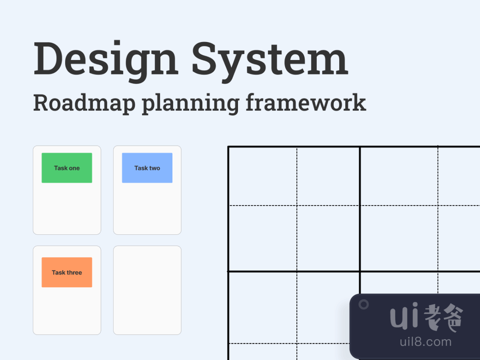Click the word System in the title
click(x=269, y=59)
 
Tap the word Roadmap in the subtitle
click(x=84, y=103)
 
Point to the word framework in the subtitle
click(x=306, y=103)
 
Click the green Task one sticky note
click(x=67, y=168)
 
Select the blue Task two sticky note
click(x=147, y=168)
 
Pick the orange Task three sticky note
click(x=67, y=272)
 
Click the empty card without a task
click(x=147, y=290)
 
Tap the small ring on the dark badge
click(x=364, y=304)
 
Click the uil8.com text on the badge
click(x=426, y=342)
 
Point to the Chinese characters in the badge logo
click(x=443, y=317)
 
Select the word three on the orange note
click(x=74, y=272)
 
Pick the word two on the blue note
click(x=155, y=168)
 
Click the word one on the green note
click(x=74, y=168)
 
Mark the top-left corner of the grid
click(x=228, y=147)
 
